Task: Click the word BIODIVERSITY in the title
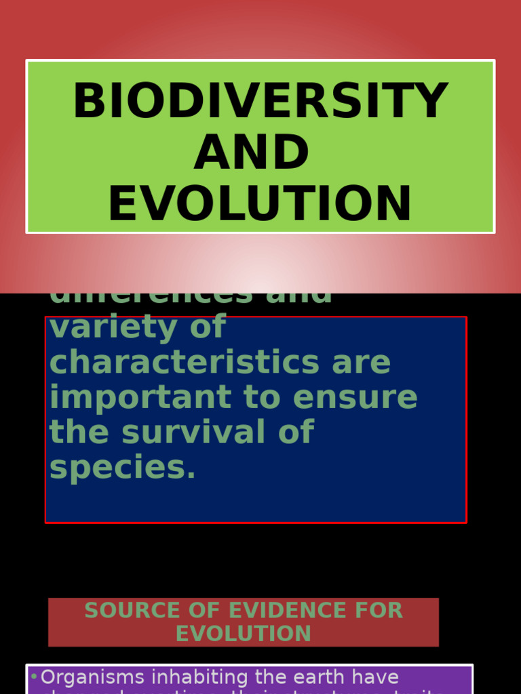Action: [x=260, y=102]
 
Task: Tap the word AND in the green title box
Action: [x=252, y=152]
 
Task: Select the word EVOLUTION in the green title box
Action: [x=260, y=204]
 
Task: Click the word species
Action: [x=122, y=468]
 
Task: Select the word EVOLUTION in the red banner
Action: [x=244, y=634]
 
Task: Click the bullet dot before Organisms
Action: [x=33, y=676]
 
